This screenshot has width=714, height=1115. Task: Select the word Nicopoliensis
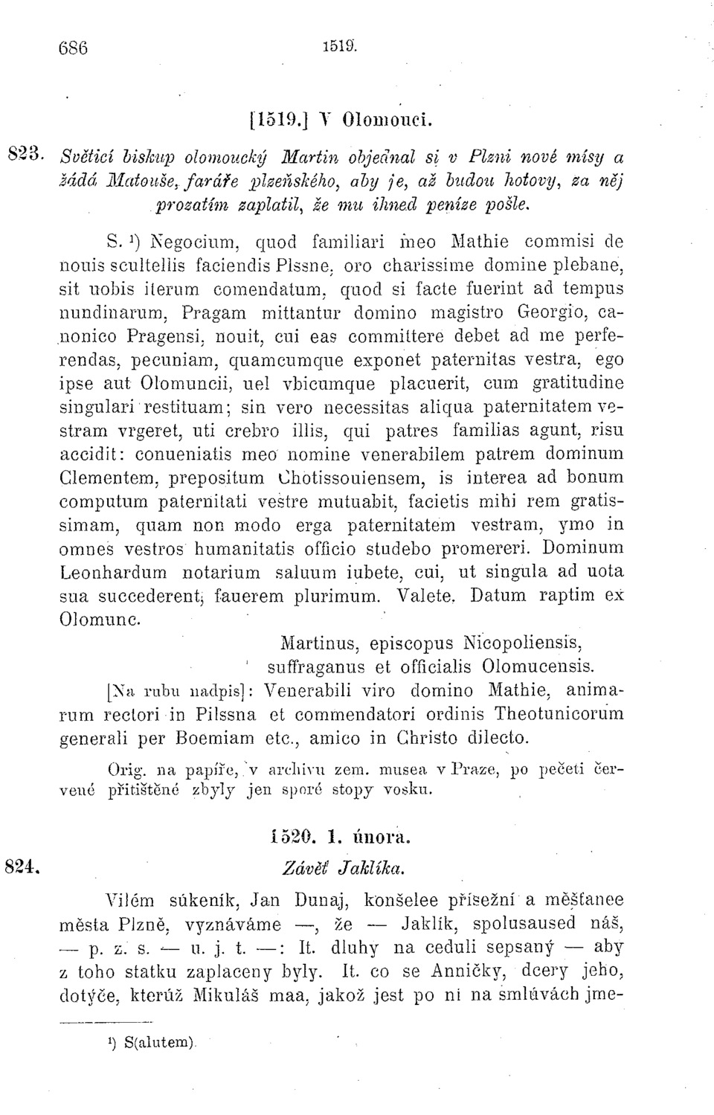coord(519,641)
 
